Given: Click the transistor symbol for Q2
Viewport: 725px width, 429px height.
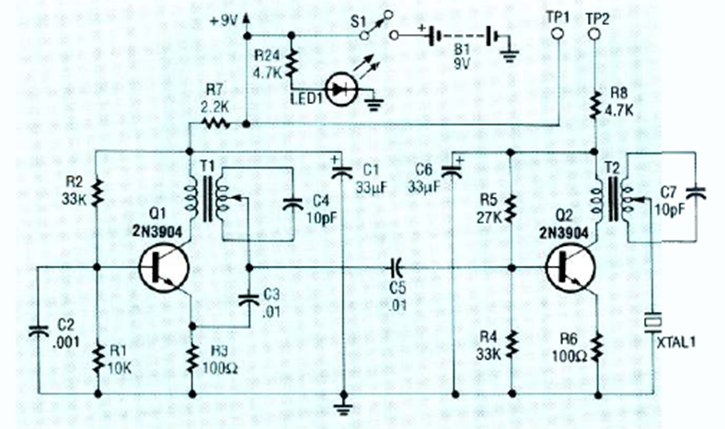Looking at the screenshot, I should pyautogui.click(x=568, y=268).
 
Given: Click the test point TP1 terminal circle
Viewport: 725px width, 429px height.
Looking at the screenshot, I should pyautogui.click(x=556, y=34).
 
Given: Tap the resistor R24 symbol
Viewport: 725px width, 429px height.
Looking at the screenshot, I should pyautogui.click(x=292, y=64).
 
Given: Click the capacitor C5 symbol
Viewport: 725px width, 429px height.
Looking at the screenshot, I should pyautogui.click(x=395, y=268).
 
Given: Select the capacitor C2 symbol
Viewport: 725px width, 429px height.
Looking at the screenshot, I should pyautogui.click(x=39, y=329).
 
